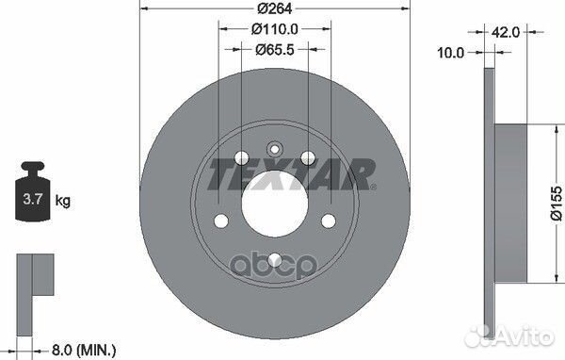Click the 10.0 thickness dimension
(x=452, y=53)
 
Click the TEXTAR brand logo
(x=291, y=172)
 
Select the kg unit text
(x=63, y=201)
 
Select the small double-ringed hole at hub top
(x=275, y=148)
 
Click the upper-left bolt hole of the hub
(x=241, y=157)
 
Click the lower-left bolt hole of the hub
(x=221, y=222)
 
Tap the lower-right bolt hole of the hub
(x=330, y=222)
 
